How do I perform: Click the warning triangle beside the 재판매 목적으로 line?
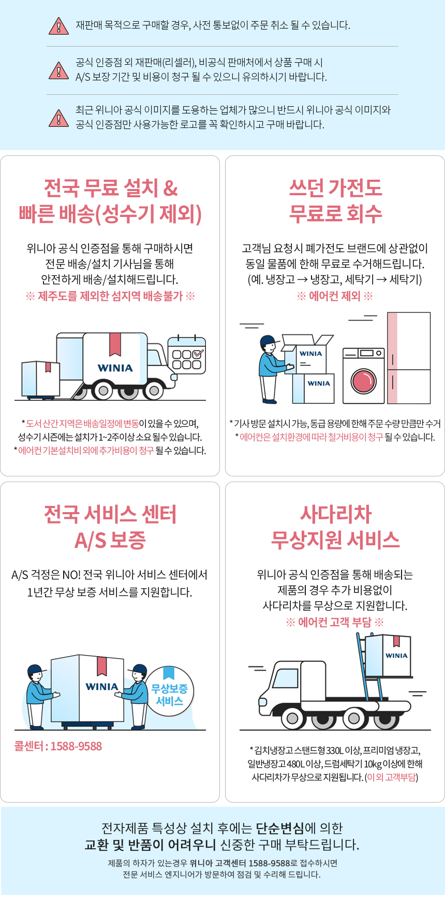pos(58,26)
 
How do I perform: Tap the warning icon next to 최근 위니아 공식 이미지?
pos(58,118)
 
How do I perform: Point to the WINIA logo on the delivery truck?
pos(115,368)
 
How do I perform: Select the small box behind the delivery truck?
pos(40,379)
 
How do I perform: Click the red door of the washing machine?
pos(364,382)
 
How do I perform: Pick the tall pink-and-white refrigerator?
pos(409,357)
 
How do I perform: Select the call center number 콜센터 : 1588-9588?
pos(58,746)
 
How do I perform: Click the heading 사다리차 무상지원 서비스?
pos(335,527)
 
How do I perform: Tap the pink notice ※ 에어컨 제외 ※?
pos(335,296)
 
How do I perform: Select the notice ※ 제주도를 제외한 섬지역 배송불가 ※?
pos(110,296)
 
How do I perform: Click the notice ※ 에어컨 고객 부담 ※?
pos(335,622)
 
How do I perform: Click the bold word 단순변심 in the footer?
pos(280,828)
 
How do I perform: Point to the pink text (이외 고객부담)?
pos(391,777)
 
